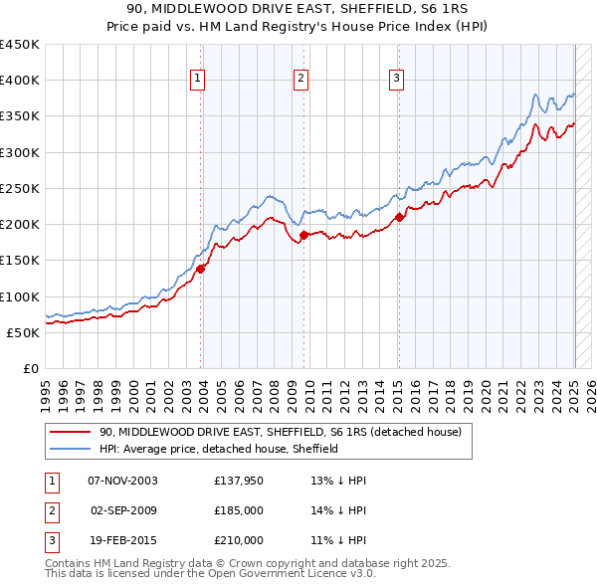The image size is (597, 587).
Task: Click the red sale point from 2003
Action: click(x=200, y=268)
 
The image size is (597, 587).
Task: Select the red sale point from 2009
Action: click(x=302, y=235)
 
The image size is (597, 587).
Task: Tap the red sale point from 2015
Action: click(x=398, y=217)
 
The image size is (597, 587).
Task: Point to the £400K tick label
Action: click(x=20, y=81)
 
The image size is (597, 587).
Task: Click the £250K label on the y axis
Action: click(x=20, y=188)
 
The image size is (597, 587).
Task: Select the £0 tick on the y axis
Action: click(x=30, y=368)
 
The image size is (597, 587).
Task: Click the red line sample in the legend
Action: click(x=71, y=433)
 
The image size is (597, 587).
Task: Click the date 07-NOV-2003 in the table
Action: click(x=123, y=481)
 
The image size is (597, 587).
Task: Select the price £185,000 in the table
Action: click(x=238, y=510)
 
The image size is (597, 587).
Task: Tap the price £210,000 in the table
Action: click(x=238, y=540)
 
